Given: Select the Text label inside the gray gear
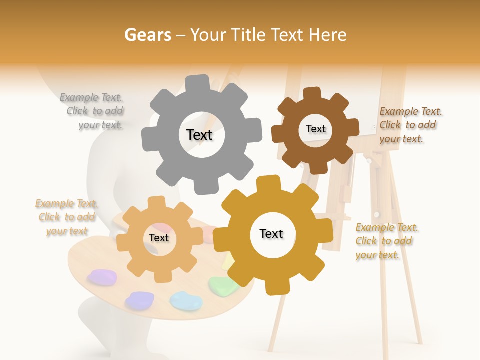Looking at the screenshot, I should [x=199, y=135].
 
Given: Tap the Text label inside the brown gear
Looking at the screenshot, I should [x=315, y=129].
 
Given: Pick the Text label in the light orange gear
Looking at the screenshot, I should [x=159, y=238].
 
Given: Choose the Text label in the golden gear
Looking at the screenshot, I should [x=271, y=234].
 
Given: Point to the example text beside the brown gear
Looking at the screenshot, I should [x=410, y=125].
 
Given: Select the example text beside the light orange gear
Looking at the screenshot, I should [x=66, y=217].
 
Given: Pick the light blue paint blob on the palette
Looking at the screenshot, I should [x=185, y=300].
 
